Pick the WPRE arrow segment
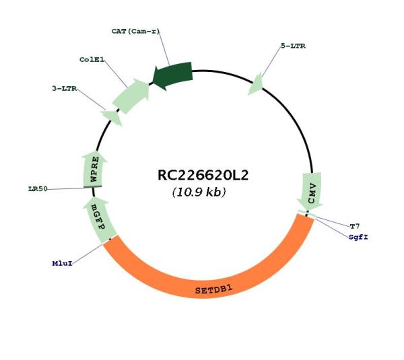94,169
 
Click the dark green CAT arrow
172,75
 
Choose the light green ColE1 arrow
131,96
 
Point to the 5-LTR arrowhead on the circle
256,84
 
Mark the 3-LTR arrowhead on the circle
112,118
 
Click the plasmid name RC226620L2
203,176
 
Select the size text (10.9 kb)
199,192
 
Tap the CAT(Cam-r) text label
136,31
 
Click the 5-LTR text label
293,46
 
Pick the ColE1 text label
92,60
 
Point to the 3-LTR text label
65,88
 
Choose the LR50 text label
38,189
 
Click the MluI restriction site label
63,263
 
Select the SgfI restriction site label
358,237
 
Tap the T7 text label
355,226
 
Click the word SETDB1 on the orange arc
214,289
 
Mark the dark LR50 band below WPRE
93,186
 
